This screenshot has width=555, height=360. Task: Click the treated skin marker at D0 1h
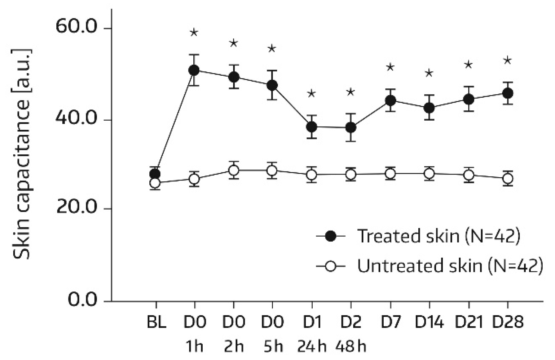[194, 70]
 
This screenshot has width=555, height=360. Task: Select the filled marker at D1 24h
[311, 127]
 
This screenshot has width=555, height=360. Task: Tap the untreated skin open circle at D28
[507, 179]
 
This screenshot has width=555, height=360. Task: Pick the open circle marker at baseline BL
[155, 183]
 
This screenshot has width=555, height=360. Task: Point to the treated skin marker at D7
[390, 100]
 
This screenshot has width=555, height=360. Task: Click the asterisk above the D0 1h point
[194, 32]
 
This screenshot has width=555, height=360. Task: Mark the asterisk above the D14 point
[429, 73]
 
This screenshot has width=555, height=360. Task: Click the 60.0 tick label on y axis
[76, 27]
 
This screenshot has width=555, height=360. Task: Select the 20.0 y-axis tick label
[76, 208]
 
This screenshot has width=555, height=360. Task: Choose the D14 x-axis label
[429, 322]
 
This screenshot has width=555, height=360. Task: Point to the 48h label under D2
[350, 346]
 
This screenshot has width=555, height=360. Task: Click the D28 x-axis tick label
[508, 322]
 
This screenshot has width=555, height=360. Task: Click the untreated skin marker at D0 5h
[272, 171]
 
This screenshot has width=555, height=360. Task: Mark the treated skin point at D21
[468, 99]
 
